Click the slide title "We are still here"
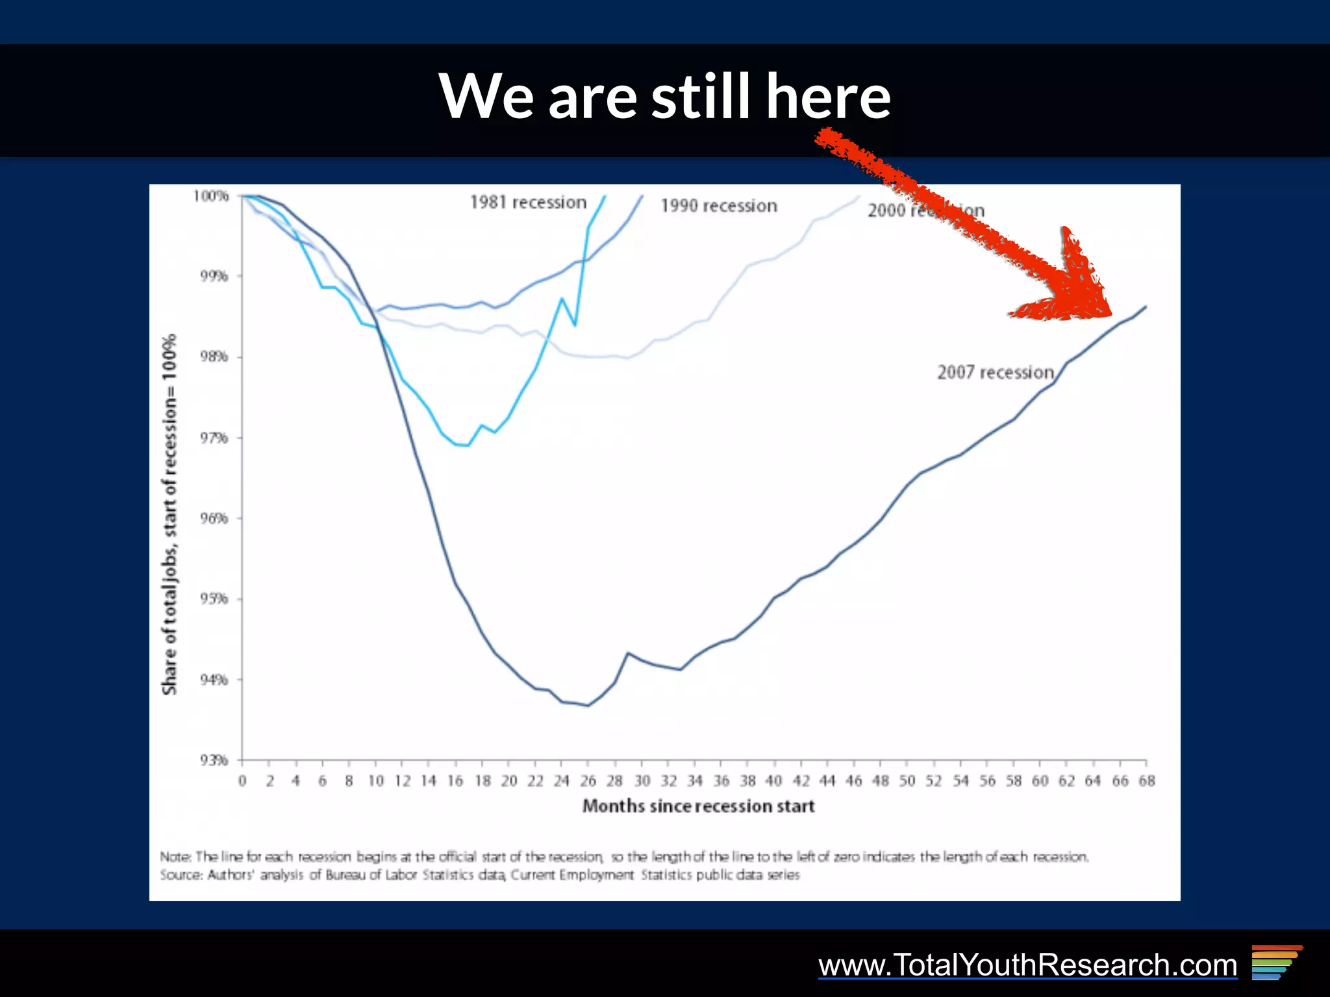click(x=664, y=96)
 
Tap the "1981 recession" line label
click(x=528, y=203)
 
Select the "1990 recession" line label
click(x=719, y=206)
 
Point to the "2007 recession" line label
click(x=995, y=372)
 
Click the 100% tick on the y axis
click(x=211, y=196)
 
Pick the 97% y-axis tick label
click(x=214, y=438)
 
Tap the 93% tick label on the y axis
click(x=214, y=760)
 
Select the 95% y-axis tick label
click(x=214, y=598)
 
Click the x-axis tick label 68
click(x=1146, y=781)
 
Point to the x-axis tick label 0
click(x=242, y=781)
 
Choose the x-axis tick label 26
click(x=588, y=781)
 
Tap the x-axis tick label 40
click(x=773, y=781)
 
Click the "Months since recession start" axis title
click(x=698, y=806)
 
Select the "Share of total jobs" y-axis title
click(x=169, y=514)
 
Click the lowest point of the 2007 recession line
click(x=588, y=706)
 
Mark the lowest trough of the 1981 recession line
click(x=468, y=445)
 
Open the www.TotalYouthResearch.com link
click(x=1027, y=965)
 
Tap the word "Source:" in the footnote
click(x=181, y=875)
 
